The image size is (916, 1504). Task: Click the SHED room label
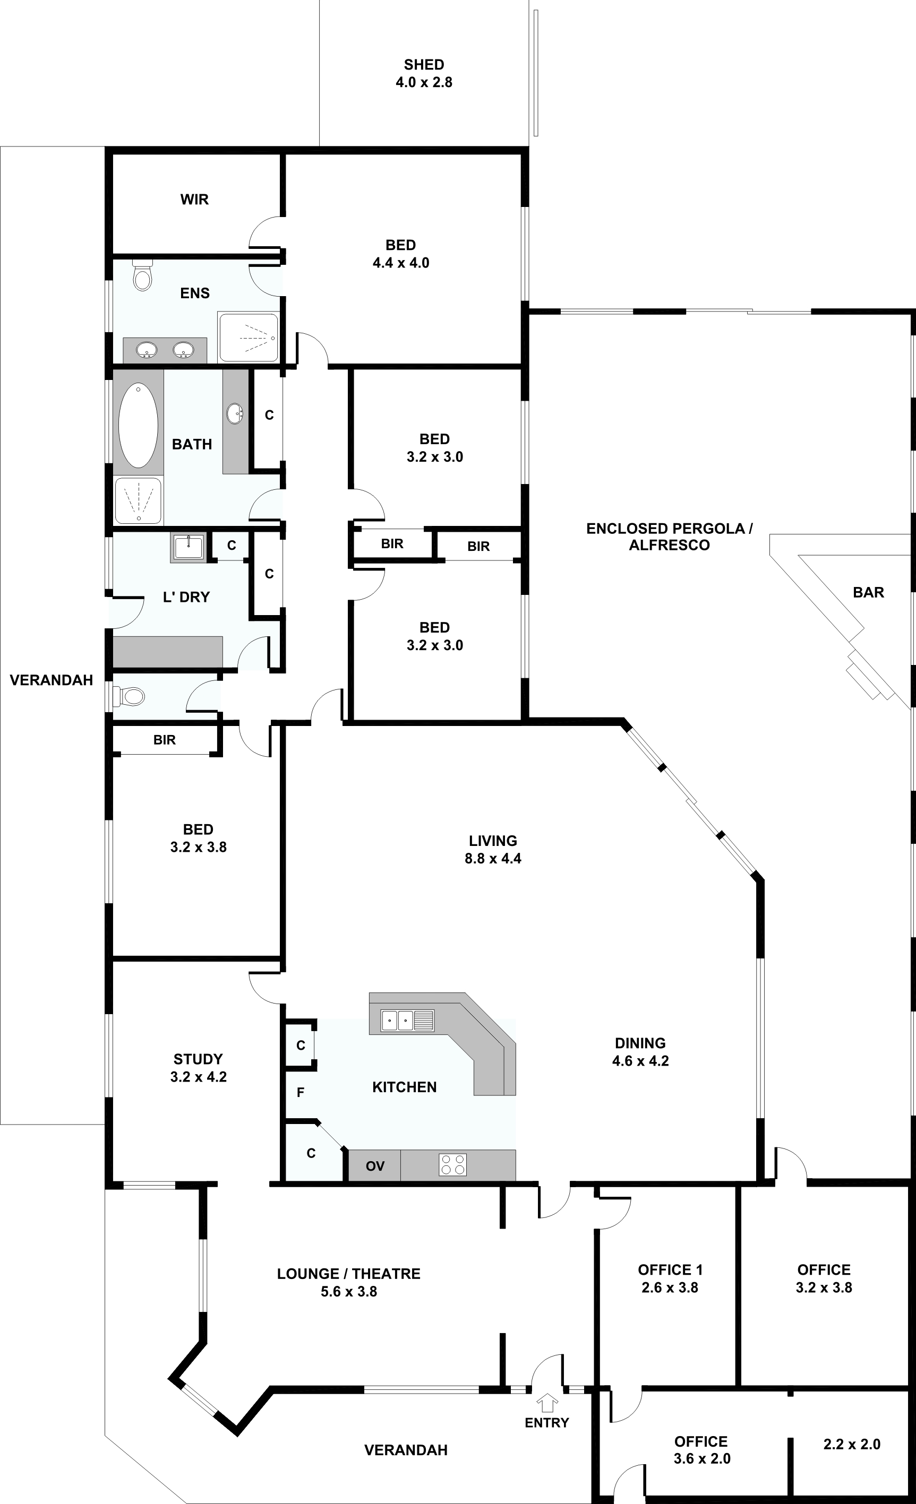tap(424, 65)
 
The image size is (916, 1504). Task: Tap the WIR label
tap(194, 200)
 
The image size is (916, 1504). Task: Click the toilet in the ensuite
tap(142, 276)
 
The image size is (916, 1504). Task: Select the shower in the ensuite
tap(249, 336)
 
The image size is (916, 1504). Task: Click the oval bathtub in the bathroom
tap(138, 426)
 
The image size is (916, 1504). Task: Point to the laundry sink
tap(189, 548)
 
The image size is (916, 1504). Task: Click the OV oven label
tap(375, 1166)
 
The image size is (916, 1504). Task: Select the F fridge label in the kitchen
tap(301, 1092)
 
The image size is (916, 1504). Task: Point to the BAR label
tap(868, 592)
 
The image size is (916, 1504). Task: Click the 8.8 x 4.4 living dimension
tap(493, 858)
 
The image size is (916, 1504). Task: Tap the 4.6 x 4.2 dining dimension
tap(640, 1061)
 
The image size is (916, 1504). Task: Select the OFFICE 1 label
tap(671, 1269)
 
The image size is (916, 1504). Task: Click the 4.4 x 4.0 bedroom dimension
tap(400, 263)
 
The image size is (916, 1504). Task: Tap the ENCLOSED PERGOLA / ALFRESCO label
tap(669, 537)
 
